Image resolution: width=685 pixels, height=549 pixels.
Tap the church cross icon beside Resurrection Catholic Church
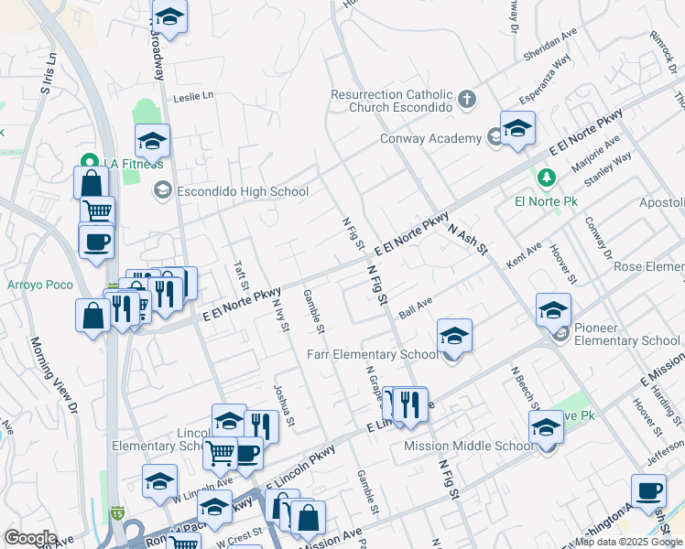pos(467,99)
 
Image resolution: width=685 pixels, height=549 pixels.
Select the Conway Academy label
pos(430,138)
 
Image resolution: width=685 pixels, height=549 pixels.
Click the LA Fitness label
pos(133,163)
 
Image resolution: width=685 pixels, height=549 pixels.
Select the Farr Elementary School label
pos(372,354)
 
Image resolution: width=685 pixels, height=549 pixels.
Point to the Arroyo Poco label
pos(40,285)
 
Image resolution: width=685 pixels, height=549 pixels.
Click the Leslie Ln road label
pos(193,95)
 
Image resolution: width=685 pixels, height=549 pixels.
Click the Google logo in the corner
pos(30,538)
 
